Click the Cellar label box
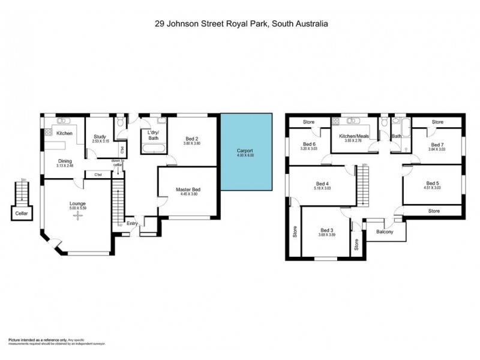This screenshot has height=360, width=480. tap(22, 212)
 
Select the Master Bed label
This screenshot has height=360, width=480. tap(188, 190)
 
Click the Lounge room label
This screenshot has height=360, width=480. tap(77, 203)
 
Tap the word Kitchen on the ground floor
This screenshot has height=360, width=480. tap(64, 133)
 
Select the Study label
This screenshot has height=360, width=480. tap(100, 137)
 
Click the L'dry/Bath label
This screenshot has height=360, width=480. tap(152, 135)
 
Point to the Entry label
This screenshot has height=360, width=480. tap(132, 224)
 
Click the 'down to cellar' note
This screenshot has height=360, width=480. tap(118, 163)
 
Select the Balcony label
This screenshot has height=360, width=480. tap(384, 232)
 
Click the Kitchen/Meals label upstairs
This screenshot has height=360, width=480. tap(355, 137)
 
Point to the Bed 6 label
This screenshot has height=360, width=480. tap(309, 145)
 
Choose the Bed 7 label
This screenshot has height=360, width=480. tap(437, 145)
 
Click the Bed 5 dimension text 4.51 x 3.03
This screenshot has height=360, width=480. tap(433, 188)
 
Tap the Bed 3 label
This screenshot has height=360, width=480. tap(326, 230)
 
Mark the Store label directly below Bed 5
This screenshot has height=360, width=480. tap(434, 211)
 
